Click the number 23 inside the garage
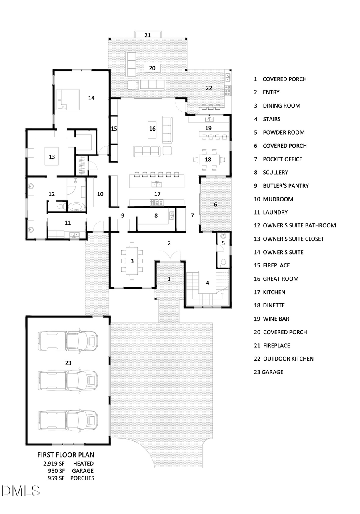point(68,363)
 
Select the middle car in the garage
point(68,380)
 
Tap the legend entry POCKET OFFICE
point(282,159)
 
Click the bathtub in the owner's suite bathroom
point(76,207)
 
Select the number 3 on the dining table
point(132,261)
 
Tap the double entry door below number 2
point(169,255)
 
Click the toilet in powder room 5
point(223,263)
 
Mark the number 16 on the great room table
point(152,128)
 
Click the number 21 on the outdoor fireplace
point(148,35)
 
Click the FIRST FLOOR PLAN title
point(66,455)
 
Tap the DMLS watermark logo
point(21,490)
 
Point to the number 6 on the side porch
point(216,204)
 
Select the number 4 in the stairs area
point(207,283)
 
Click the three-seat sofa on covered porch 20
point(152,84)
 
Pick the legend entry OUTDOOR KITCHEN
point(288,359)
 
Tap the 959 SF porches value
point(56,478)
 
